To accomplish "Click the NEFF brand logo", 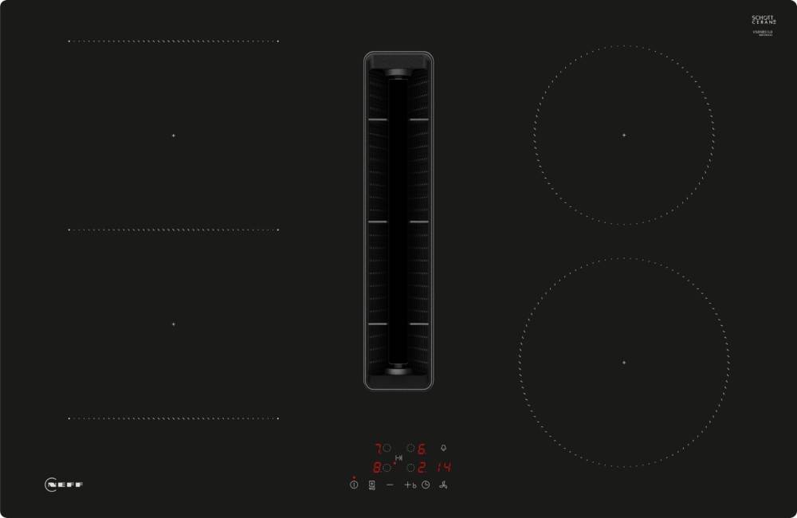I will pyautogui.click(x=64, y=484).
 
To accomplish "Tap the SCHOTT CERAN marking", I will pyautogui.click(x=764, y=21).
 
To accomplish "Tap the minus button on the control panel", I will pyautogui.click(x=390, y=485).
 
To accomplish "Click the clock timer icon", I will pyautogui.click(x=426, y=485).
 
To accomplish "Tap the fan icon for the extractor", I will pyautogui.click(x=443, y=485).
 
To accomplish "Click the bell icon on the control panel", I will pyautogui.click(x=443, y=448).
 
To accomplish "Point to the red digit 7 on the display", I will pyautogui.click(x=377, y=449).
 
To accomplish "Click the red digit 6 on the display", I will pyautogui.click(x=422, y=449).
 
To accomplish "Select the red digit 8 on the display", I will pyautogui.click(x=377, y=468).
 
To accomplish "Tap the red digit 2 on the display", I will pyautogui.click(x=422, y=468).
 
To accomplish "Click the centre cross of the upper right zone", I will pyautogui.click(x=624, y=135).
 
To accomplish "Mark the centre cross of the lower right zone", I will pyautogui.click(x=624, y=363).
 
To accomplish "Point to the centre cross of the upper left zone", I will pyautogui.click(x=173, y=135).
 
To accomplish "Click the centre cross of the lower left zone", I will pyautogui.click(x=173, y=324).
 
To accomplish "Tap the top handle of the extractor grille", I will pyautogui.click(x=398, y=73).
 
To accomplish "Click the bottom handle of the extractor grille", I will pyautogui.click(x=398, y=369).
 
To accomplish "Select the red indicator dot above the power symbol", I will pyautogui.click(x=354, y=477).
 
